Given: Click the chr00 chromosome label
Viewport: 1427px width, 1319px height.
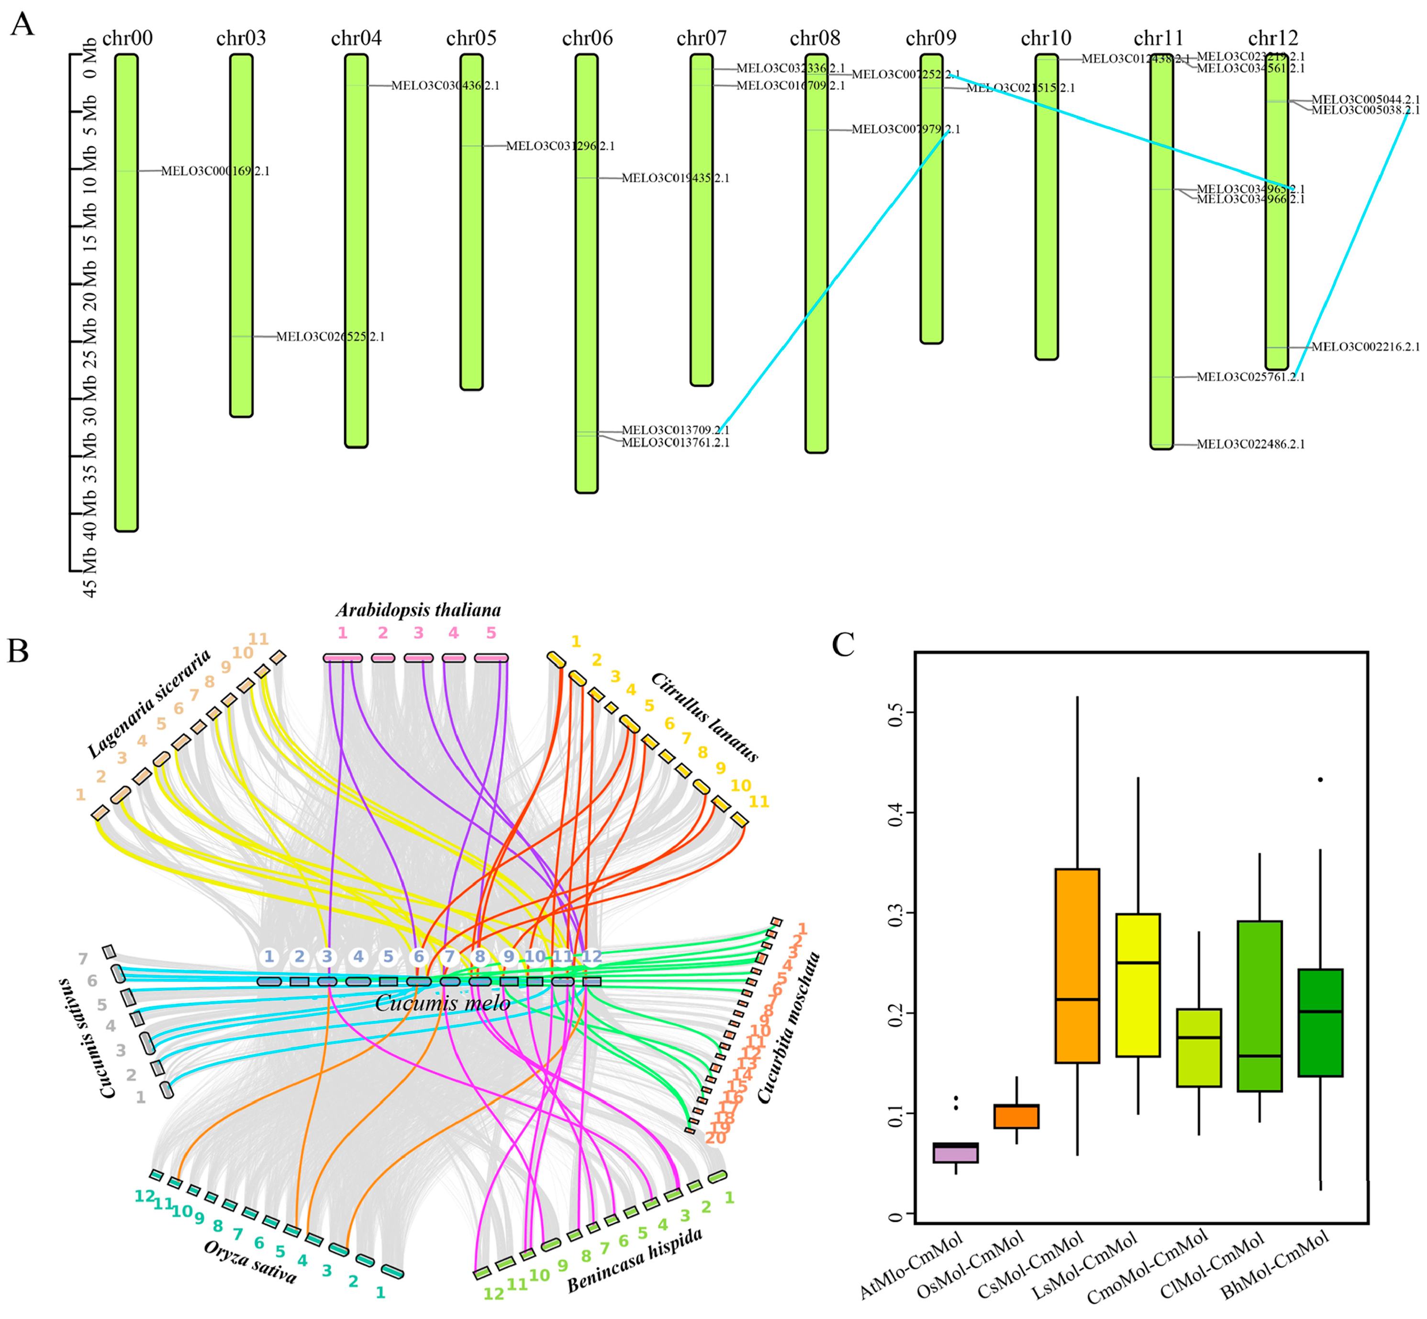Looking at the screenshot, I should [x=127, y=38].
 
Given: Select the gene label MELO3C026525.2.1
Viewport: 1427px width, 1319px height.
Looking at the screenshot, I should [x=330, y=336].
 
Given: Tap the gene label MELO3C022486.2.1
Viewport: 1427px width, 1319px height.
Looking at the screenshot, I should [x=1250, y=444].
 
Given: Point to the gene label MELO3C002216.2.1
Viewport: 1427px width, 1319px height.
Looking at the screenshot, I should [x=1365, y=347].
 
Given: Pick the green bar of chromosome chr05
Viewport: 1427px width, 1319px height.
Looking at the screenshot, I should [x=471, y=221].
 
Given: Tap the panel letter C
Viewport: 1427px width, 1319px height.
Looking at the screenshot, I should [x=843, y=644].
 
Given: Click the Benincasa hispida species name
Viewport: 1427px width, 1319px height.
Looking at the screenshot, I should [x=634, y=1261].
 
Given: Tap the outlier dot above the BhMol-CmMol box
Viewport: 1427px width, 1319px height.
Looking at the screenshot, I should [x=1320, y=779].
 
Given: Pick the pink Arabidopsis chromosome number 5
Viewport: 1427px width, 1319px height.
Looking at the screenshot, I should [x=491, y=632].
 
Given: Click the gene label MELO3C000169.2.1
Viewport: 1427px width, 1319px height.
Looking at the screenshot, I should [x=215, y=171].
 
